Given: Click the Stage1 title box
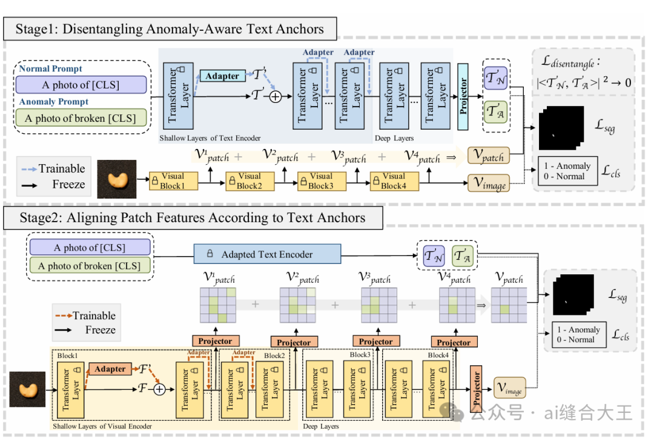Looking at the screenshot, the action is (x=170, y=29).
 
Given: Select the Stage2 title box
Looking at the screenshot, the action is (x=193, y=217).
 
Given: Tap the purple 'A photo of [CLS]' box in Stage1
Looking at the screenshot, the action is (x=81, y=85).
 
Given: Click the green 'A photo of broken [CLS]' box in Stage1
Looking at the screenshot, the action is (x=81, y=118).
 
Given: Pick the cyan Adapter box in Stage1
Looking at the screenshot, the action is (x=222, y=76).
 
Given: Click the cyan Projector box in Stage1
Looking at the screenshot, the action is (x=463, y=96).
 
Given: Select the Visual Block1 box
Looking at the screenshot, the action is (x=174, y=182).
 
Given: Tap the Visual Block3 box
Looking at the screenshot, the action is (x=322, y=182).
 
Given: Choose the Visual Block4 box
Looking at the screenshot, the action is (x=394, y=182).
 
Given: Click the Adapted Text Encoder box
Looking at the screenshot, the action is (x=268, y=254).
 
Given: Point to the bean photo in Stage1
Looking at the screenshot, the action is (x=117, y=179).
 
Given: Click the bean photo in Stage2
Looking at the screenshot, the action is (x=27, y=389).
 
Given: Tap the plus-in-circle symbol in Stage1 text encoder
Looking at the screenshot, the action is (x=276, y=97).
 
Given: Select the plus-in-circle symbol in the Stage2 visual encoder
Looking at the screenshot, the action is (x=159, y=389).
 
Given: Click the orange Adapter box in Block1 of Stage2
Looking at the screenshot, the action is (x=110, y=369).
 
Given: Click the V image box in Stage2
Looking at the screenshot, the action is (x=510, y=388).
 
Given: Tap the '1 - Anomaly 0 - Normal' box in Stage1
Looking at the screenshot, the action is (x=567, y=171).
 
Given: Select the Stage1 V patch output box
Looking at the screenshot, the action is (x=489, y=156).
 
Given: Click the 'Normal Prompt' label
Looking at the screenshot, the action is (x=50, y=68).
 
